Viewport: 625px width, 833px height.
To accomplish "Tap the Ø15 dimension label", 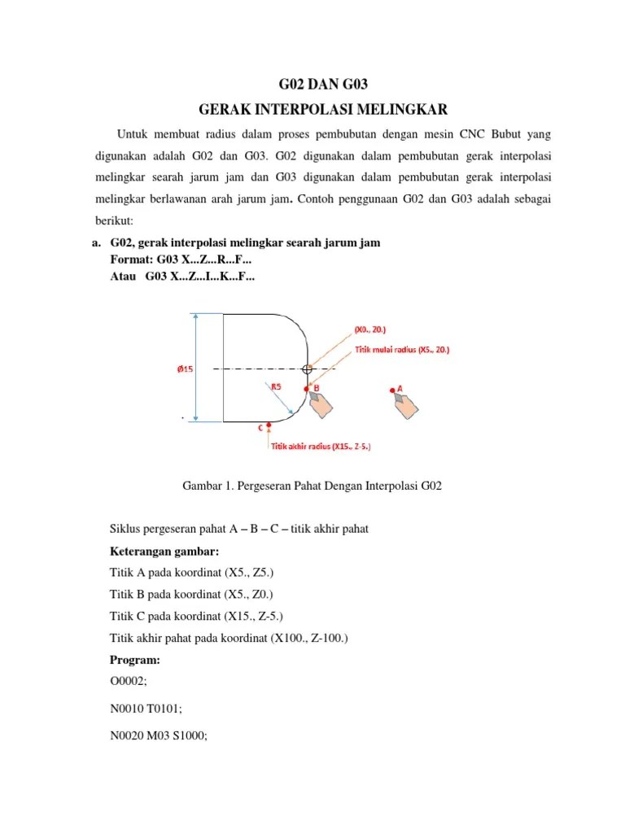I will tap(185, 369).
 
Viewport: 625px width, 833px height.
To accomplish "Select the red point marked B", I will tap(306, 390).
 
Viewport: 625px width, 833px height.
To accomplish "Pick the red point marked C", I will tap(269, 425).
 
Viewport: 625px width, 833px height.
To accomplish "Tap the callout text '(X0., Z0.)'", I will tap(369, 329).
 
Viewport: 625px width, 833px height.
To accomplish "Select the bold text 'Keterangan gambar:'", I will tap(159, 550).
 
